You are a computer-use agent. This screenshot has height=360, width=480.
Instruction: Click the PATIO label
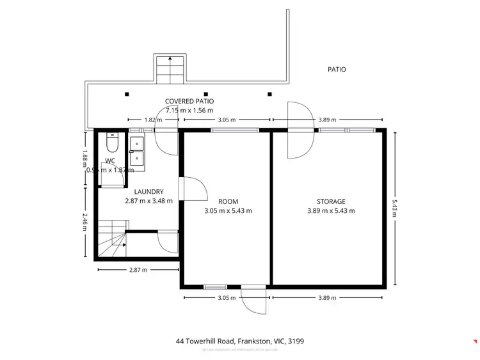(336, 69)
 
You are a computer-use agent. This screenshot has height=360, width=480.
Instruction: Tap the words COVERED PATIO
(189, 101)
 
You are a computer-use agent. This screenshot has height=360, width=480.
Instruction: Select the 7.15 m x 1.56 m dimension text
(189, 110)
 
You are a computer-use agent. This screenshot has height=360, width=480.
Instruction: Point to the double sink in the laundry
(138, 151)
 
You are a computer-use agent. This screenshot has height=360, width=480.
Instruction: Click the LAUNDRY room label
(148, 192)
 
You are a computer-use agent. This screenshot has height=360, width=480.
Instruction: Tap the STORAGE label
(331, 201)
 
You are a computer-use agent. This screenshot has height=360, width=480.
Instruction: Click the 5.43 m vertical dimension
(395, 207)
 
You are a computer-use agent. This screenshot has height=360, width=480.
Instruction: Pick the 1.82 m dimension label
(151, 120)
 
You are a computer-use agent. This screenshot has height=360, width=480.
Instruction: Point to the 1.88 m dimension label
(84, 159)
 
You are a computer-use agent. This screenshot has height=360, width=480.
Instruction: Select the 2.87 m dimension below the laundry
(138, 270)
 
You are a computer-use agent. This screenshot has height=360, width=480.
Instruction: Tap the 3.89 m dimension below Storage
(327, 298)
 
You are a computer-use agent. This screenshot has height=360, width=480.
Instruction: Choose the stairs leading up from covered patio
(170, 68)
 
